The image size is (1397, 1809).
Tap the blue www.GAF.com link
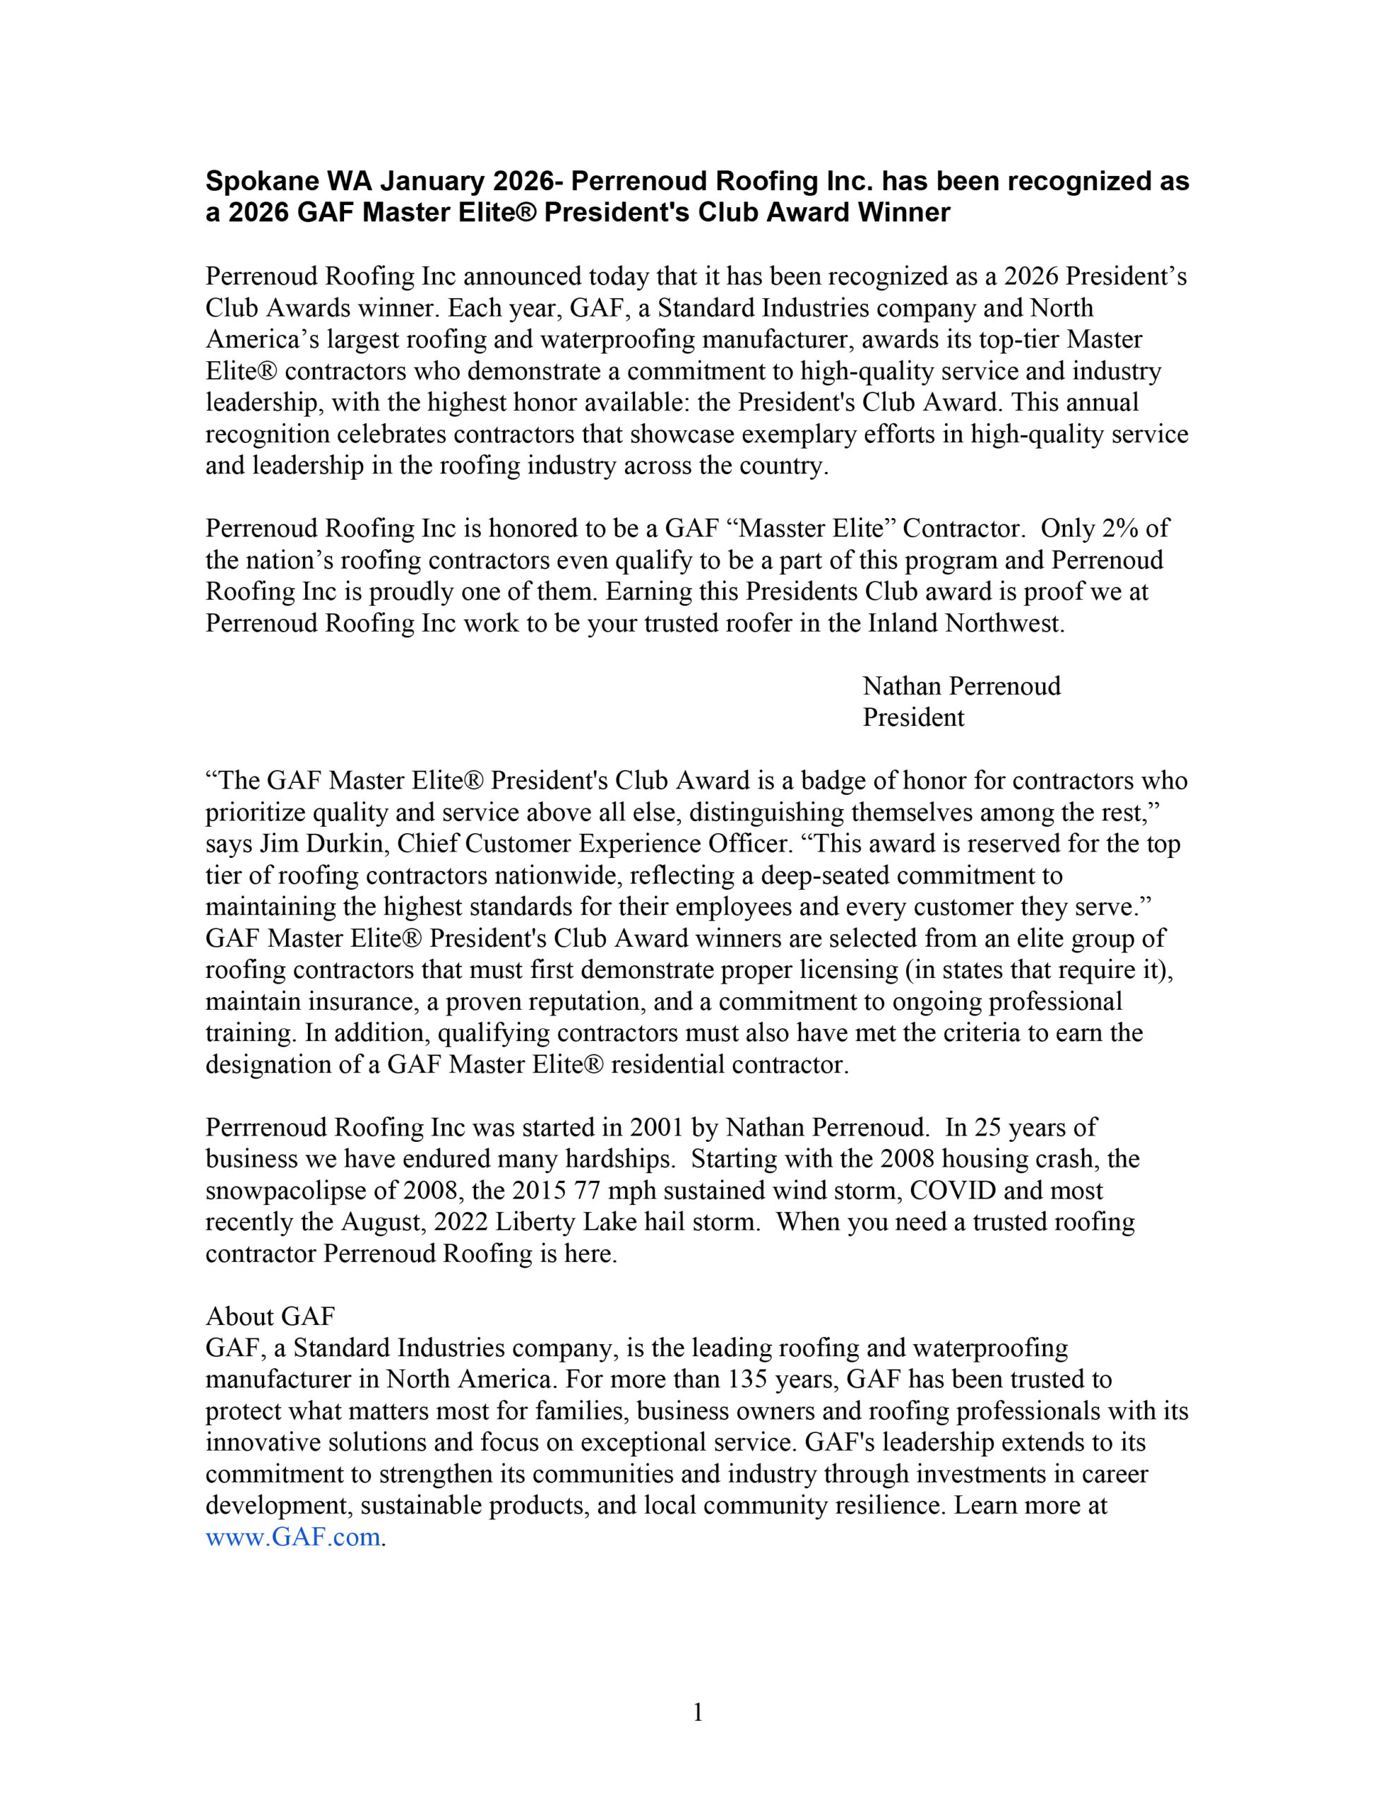[293, 1538]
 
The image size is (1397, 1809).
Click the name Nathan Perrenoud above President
[961, 686]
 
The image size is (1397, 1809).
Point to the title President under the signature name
[912, 717]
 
